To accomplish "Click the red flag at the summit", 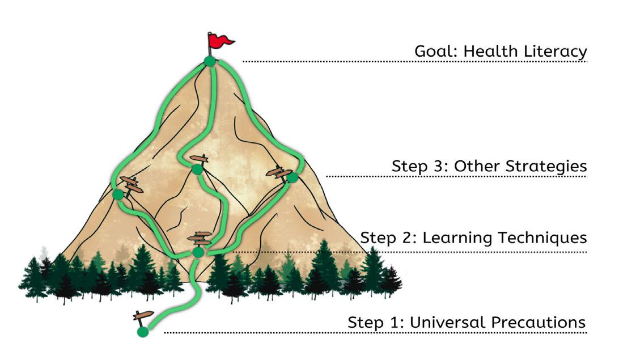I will coord(220,41).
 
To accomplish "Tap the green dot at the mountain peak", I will coord(210,61).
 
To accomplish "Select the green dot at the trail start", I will coord(143,332).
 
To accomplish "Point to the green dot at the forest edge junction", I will coord(198,252).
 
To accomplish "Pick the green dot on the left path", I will coord(118,195).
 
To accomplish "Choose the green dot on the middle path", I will coord(197,169).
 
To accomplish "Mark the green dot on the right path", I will coord(292,177).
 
